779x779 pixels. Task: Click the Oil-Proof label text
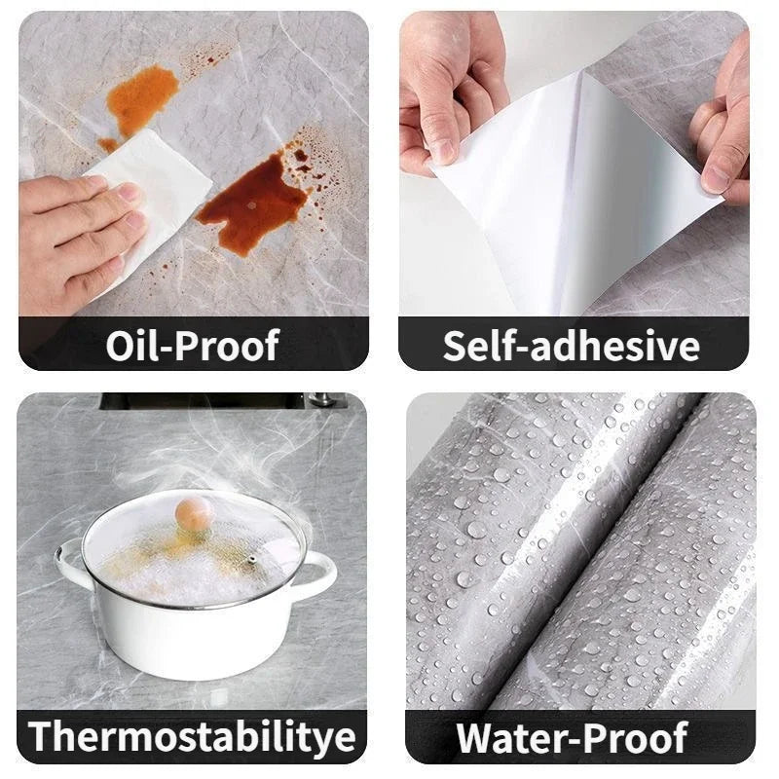tap(193, 346)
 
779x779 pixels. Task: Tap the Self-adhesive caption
tap(572, 346)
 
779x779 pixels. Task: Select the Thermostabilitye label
tap(193, 737)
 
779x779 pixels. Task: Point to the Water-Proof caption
tap(572, 738)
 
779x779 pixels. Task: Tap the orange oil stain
tap(144, 97)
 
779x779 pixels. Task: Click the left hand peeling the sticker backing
tap(443, 88)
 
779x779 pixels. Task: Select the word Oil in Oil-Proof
tap(130, 346)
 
